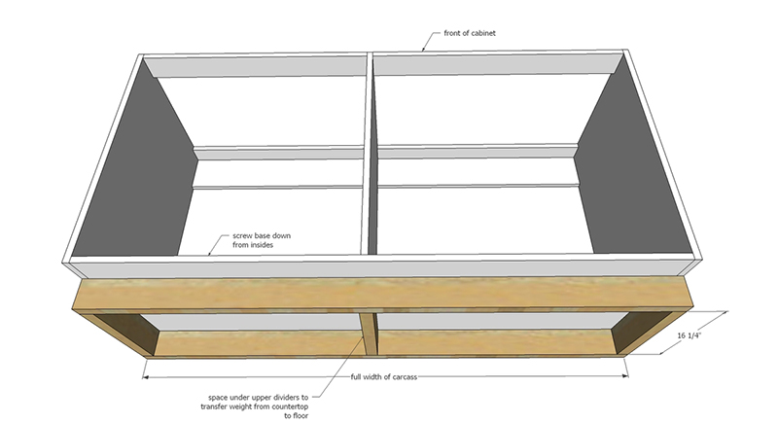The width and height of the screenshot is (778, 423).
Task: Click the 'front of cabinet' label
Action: point(471,32)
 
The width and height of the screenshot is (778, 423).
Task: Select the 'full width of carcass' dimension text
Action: point(386,376)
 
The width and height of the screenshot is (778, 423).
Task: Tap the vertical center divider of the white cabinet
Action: point(370,156)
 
